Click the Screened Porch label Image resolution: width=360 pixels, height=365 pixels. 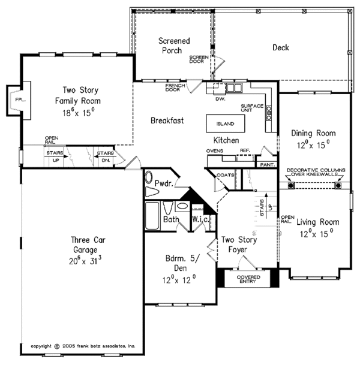(174, 46)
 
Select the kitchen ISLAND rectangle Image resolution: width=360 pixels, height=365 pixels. (226, 124)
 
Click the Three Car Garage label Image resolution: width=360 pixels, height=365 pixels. (76, 252)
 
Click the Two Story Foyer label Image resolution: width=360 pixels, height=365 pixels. (236, 244)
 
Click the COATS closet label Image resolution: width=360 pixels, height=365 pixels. (226, 175)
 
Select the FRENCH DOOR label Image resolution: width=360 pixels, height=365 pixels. (175, 88)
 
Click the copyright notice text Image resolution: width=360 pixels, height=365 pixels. (83, 346)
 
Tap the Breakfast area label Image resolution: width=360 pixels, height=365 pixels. (167, 120)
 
